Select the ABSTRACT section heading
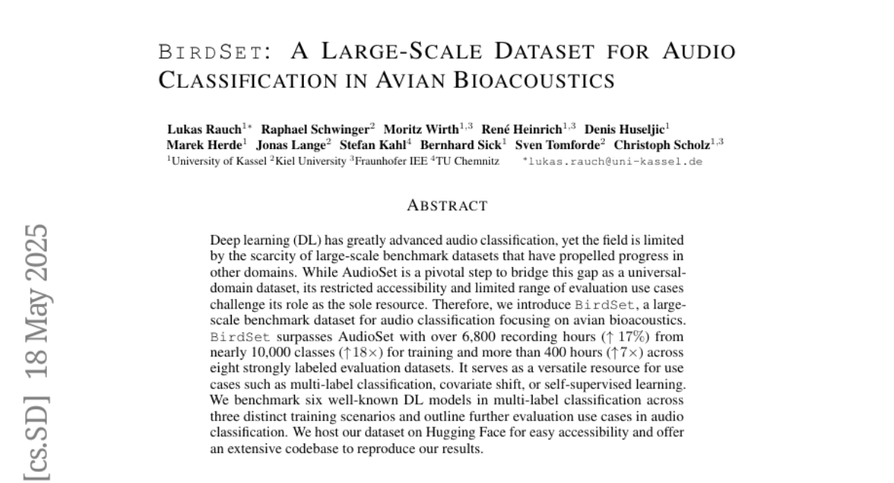click(447, 206)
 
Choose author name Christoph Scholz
click(662, 145)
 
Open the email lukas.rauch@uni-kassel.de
click(615, 161)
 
